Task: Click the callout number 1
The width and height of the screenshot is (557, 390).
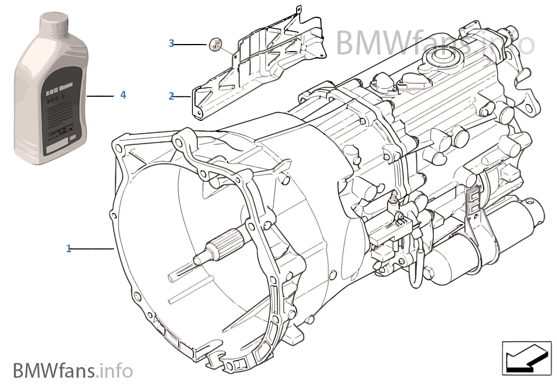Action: tap(69, 249)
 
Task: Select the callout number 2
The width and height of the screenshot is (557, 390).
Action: tap(171, 96)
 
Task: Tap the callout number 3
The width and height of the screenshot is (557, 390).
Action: tap(171, 43)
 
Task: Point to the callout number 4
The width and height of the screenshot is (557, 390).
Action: tap(123, 94)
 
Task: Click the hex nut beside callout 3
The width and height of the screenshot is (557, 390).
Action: tap(215, 45)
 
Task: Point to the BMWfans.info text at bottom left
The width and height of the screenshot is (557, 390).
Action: tap(73, 371)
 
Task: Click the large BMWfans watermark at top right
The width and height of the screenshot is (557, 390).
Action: tap(434, 42)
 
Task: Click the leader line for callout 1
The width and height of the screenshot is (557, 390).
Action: tap(92, 249)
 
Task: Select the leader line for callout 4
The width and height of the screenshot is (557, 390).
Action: tap(100, 95)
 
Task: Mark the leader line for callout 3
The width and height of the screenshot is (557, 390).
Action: tap(191, 44)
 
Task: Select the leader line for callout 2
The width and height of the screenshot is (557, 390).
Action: tap(183, 96)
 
